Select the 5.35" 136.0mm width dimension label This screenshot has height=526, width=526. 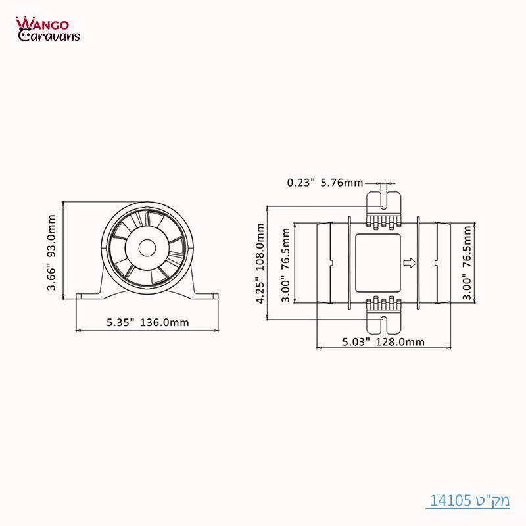(148, 322)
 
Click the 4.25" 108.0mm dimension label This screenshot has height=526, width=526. (261, 263)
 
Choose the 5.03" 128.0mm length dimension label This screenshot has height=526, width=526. (383, 341)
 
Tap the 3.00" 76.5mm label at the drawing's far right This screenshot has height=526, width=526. (467, 263)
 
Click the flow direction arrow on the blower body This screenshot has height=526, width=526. (408, 263)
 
